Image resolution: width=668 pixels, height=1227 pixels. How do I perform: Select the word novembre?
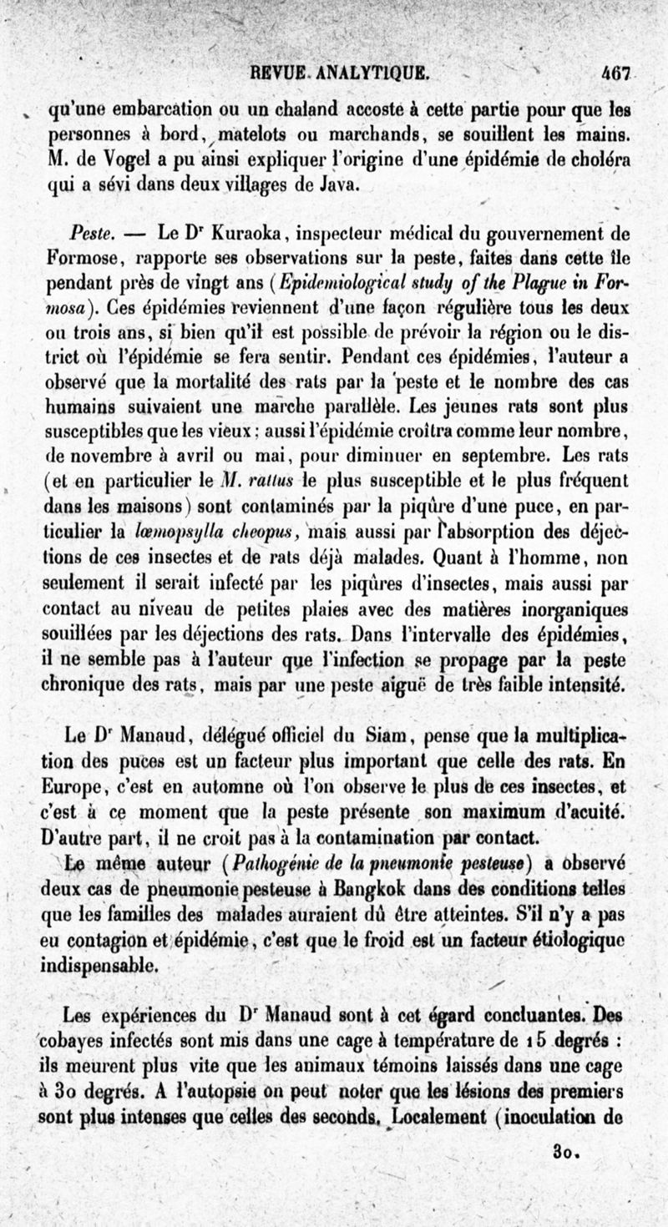(112, 458)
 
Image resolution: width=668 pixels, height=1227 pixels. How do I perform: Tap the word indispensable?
(100, 966)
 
